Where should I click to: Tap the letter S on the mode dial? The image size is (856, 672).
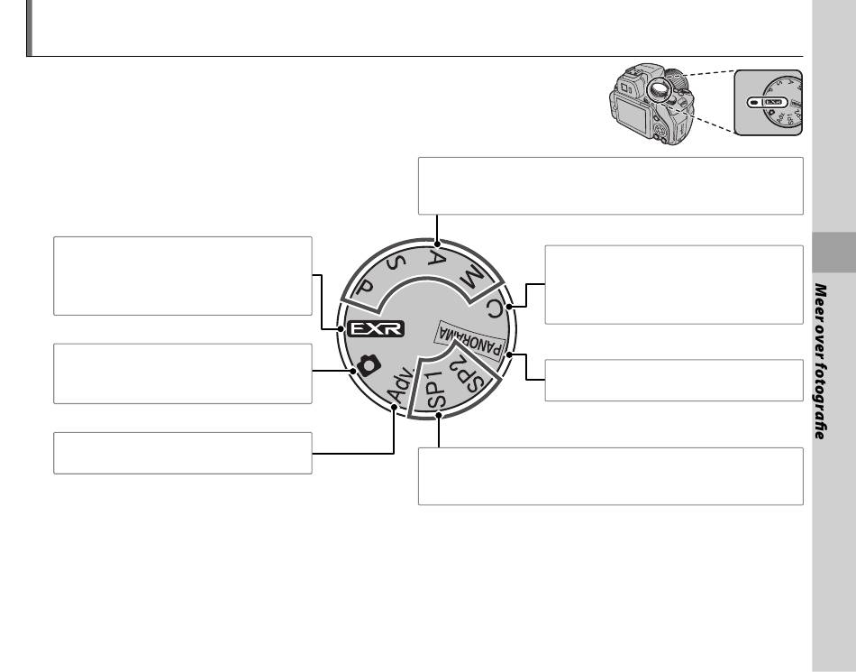[x=396, y=264]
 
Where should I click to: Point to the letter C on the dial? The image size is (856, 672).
[x=494, y=309]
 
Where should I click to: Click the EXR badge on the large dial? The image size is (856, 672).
[x=376, y=328]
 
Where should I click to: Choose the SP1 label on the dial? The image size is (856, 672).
[x=436, y=390]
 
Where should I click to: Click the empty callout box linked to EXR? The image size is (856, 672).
[x=182, y=276]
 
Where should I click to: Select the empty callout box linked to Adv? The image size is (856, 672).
[x=182, y=453]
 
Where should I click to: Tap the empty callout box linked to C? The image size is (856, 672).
[x=674, y=285]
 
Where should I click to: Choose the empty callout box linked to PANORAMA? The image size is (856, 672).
[x=674, y=381]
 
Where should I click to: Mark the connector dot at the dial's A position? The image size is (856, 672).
[x=437, y=244]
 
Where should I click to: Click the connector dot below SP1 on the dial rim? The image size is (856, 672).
[x=439, y=417]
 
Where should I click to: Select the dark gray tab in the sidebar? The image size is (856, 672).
[x=834, y=253]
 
